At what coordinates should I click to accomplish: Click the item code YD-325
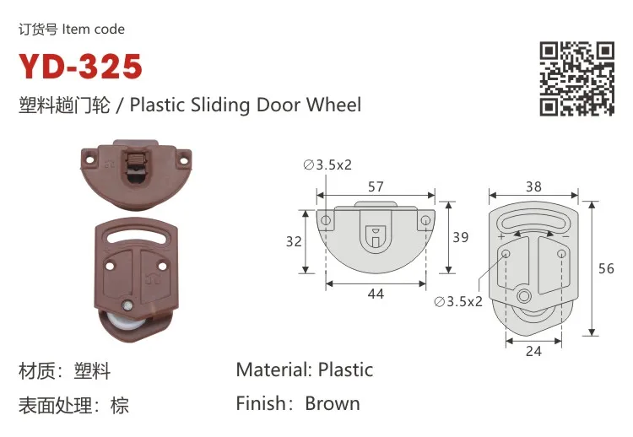(81, 67)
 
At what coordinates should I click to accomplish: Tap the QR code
(577, 77)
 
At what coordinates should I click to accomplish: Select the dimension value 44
(376, 294)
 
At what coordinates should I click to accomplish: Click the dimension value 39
(460, 237)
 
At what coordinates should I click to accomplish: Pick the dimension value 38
(533, 187)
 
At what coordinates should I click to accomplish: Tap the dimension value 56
(606, 269)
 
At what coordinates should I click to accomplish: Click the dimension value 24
(533, 351)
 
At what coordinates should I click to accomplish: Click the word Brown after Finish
(333, 403)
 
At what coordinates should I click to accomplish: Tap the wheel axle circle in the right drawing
(525, 297)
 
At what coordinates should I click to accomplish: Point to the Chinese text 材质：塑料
(65, 370)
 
